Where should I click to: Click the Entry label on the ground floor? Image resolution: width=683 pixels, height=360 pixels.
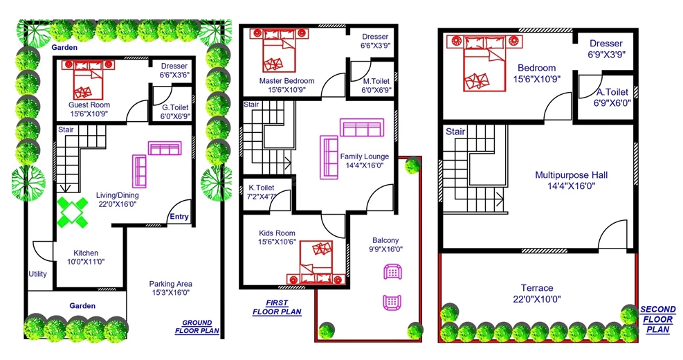click(179, 217)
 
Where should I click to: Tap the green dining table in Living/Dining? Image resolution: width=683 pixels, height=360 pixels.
click(72, 213)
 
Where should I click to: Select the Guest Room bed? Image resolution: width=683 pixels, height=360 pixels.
click(88, 80)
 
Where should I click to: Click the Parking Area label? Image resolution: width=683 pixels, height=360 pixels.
click(171, 284)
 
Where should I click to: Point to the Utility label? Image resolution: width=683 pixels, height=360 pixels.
click(37, 273)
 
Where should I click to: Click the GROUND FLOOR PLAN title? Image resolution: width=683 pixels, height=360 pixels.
click(197, 327)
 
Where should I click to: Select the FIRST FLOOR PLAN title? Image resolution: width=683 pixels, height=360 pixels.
click(277, 307)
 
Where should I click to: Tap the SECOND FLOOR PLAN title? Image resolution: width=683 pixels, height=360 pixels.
click(657, 319)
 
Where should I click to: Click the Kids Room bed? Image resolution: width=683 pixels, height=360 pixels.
click(316, 262)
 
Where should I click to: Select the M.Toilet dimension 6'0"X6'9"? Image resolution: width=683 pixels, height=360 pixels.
click(376, 90)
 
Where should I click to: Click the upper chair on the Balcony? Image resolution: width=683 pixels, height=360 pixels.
click(392, 272)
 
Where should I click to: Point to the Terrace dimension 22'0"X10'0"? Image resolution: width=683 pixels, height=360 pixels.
click(537, 299)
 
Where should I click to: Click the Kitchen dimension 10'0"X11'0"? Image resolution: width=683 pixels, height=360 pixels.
click(86, 262)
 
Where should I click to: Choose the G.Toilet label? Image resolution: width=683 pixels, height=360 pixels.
click(175, 107)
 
